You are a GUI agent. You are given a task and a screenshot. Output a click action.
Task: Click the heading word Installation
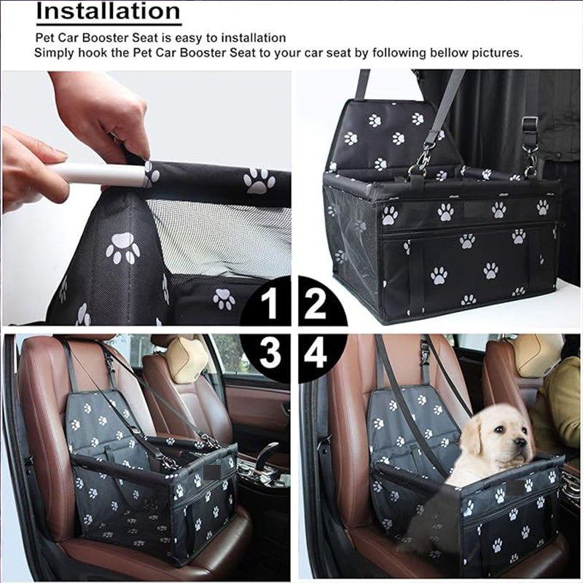[108, 12]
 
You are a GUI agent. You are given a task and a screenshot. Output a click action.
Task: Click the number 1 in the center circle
[270, 304]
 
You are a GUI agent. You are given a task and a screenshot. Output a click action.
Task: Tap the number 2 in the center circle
[315, 304]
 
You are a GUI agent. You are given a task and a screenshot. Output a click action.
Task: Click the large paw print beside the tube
[259, 181]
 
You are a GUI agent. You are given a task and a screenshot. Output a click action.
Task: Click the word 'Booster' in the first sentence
[112, 37]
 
